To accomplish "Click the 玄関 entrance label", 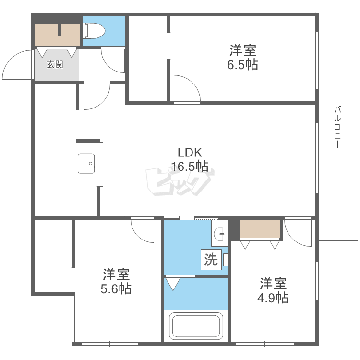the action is pyautogui.click(x=55, y=64).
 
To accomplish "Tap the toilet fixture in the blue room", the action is pyautogui.click(x=94, y=31).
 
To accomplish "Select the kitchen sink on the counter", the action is pyautogui.click(x=86, y=164).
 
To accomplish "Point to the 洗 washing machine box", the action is pyautogui.click(x=211, y=260).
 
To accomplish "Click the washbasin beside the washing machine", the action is pyautogui.click(x=219, y=234).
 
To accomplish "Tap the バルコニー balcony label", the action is pyautogui.click(x=337, y=127).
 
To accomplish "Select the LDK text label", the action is pyautogui.click(x=190, y=153).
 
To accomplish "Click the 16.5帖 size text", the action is pyautogui.click(x=190, y=166).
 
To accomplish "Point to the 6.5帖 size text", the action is pyautogui.click(x=243, y=64).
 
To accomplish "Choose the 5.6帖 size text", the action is pyautogui.click(x=116, y=289).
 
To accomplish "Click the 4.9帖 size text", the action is pyautogui.click(x=273, y=298).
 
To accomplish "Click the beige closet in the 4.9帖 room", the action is pyautogui.click(x=260, y=228).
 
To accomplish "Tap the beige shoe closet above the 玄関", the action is pyautogui.click(x=57, y=35).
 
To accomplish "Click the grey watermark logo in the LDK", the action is pyautogui.click(x=180, y=182).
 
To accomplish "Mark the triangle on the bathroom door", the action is pyautogui.click(x=173, y=284).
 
